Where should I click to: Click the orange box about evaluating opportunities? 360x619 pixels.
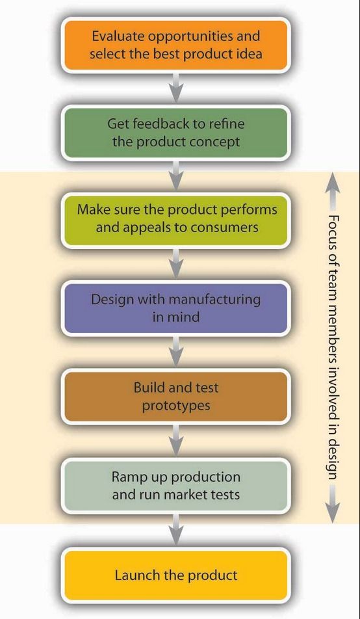175,45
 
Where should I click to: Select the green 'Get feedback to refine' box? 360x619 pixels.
175,133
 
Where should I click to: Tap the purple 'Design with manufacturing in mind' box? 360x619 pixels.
175,308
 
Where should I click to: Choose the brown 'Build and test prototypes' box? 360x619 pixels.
175,397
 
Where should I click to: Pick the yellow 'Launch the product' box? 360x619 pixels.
175,575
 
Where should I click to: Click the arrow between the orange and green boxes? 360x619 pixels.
176,88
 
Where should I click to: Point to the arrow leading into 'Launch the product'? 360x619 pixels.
176,530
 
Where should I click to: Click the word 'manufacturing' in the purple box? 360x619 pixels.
215,300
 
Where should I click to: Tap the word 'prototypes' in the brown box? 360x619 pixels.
176,406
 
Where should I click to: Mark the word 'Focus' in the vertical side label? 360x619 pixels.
332,231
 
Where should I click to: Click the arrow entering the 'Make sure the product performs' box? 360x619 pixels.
176,176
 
